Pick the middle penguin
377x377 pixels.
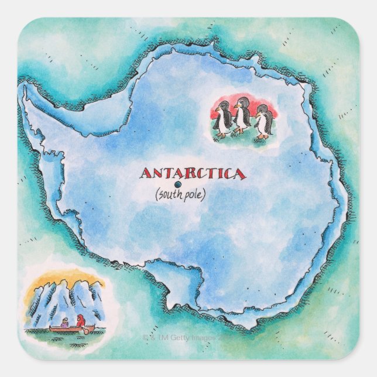click(242, 117)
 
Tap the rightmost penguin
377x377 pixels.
click(263, 121)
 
